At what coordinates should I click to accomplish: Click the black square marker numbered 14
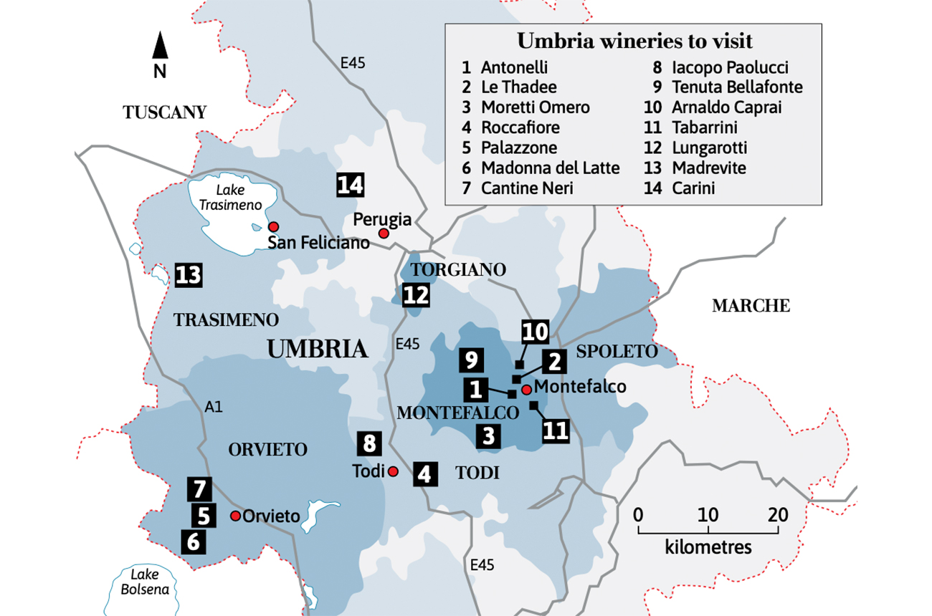pos(351,185)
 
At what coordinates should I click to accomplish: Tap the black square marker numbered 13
pos(188,275)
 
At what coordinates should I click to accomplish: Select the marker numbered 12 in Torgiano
pos(416,295)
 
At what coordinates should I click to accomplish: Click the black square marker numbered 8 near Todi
pos(369,443)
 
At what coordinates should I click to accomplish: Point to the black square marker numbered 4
pos(425,474)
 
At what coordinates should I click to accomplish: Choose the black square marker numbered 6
pos(193,542)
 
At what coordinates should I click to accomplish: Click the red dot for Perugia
pos(384,234)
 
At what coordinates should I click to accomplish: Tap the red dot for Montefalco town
pos(526,390)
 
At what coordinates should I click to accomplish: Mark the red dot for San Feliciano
pos(273,226)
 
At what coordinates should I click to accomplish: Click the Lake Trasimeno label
pos(222,198)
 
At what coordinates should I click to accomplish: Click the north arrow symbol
pos(161,46)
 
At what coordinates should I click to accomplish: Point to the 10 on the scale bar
pos(708,515)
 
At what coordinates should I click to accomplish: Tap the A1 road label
pos(214,407)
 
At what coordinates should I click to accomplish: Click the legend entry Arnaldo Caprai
pos(726,107)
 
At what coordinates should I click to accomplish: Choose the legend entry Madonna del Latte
pos(550,168)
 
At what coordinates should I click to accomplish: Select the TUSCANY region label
pos(165,112)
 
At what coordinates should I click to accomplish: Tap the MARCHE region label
pos(751,306)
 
